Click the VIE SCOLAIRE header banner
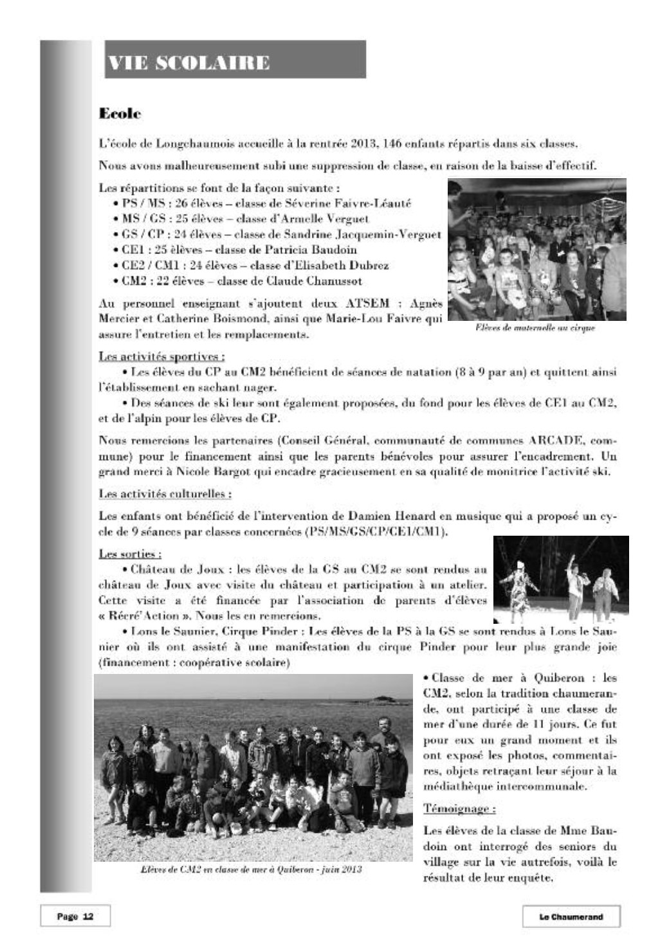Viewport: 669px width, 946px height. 235,60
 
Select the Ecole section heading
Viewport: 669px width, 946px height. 120,114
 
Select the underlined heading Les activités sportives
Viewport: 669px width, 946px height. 161,356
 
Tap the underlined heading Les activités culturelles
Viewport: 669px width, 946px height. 165,494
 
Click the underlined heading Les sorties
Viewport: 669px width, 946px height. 130,553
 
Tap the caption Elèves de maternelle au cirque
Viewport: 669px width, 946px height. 535,328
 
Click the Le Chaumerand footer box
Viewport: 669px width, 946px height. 571,917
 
